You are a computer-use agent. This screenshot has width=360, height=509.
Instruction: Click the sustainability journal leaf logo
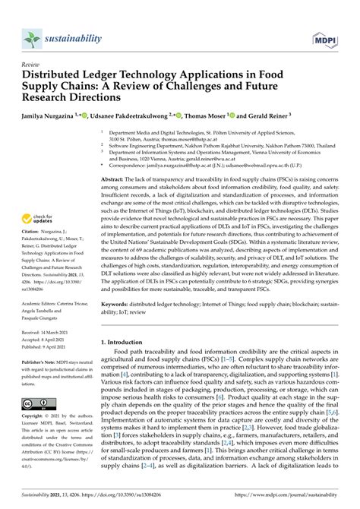32,37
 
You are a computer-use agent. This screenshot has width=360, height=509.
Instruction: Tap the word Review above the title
32,66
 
